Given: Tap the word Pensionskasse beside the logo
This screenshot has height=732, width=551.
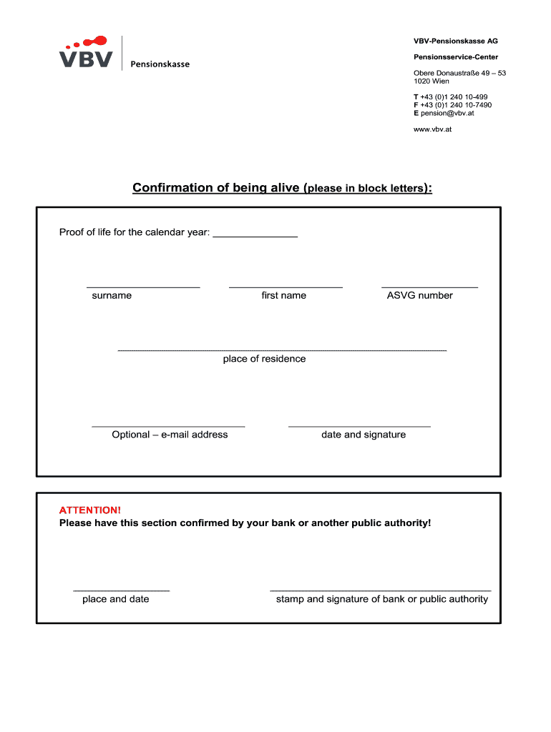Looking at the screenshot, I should (x=160, y=64).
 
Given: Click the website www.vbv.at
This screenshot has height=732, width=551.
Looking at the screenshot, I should (x=432, y=129).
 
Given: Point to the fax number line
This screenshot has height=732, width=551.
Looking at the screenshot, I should (x=452, y=105).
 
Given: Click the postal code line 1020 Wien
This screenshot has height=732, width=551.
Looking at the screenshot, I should (x=431, y=81).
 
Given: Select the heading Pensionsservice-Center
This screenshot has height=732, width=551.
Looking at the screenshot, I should (x=455, y=57).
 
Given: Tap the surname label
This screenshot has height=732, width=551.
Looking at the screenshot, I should (x=112, y=295).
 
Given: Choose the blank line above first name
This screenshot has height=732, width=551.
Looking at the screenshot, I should (x=286, y=287).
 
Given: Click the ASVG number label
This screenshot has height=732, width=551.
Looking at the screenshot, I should (x=419, y=295).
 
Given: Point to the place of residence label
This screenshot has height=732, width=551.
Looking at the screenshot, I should (x=264, y=359).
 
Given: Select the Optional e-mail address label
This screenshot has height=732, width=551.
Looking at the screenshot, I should (x=170, y=435).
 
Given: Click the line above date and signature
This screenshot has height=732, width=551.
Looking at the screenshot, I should (x=359, y=427).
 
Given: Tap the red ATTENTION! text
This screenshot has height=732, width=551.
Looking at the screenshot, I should (x=90, y=510).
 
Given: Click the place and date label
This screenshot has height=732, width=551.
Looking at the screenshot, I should (x=116, y=599).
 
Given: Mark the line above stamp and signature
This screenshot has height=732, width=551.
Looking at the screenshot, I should (x=381, y=590).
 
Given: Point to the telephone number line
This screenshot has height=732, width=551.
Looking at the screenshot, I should (x=450, y=97).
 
